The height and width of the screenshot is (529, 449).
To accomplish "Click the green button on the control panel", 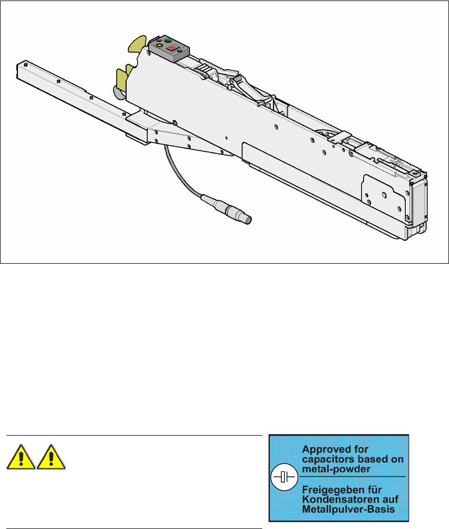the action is click(x=168, y=41).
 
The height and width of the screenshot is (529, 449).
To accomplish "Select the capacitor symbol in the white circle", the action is click(x=284, y=477).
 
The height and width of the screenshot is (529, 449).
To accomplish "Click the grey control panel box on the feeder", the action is click(x=169, y=49).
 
